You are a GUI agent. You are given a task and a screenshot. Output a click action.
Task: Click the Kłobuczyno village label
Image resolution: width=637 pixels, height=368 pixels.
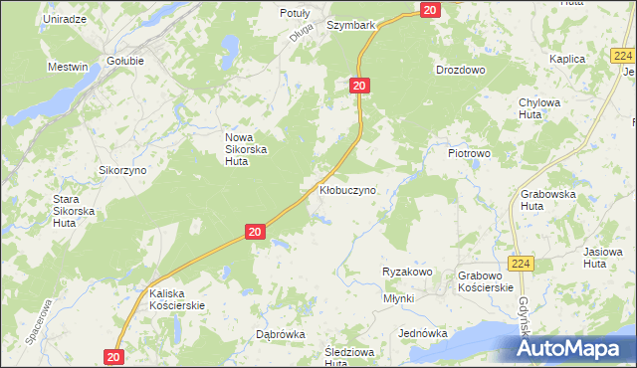click(347, 189)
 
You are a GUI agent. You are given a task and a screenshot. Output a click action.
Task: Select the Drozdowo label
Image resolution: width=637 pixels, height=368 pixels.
click(460, 70)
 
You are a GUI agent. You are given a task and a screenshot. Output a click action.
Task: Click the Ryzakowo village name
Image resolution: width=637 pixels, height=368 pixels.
click(406, 272)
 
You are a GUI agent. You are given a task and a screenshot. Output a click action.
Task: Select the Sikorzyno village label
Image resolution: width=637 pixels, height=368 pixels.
click(122, 170)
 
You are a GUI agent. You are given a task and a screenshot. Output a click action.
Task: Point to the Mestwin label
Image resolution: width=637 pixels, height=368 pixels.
click(68, 67)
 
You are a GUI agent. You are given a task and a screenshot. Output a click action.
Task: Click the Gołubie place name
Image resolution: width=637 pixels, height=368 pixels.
click(125, 60)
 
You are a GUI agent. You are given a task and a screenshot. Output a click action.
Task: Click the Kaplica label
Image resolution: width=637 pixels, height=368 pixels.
click(566, 59)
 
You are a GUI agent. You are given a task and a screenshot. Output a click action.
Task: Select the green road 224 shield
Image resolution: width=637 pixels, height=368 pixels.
click(521, 264)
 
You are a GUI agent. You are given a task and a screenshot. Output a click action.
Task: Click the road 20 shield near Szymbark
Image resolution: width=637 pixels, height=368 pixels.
click(429, 9)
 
